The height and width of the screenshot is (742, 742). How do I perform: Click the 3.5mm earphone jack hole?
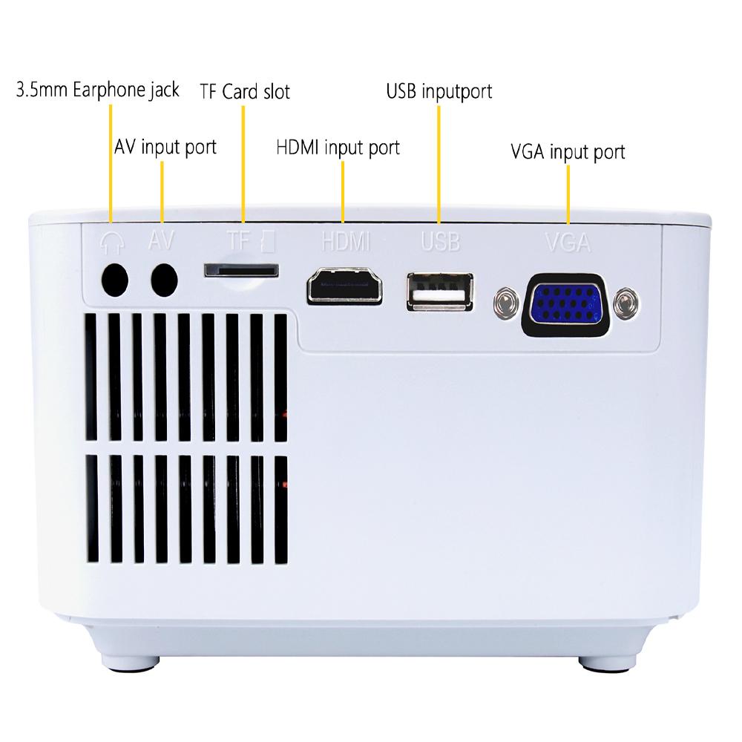pos(114,280)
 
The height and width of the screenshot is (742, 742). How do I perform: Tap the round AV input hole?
pos(164,280)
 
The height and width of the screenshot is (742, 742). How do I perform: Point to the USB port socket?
pos(439,292)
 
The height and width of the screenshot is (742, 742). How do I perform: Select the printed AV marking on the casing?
pos(162,240)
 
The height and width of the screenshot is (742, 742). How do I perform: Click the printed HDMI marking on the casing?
pos(345,241)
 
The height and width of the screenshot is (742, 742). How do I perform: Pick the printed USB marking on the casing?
pos(440,241)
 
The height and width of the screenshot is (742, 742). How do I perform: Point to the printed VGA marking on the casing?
pos(568,242)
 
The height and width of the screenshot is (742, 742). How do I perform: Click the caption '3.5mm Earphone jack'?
pos(98,91)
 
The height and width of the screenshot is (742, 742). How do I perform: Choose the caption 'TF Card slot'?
pos(244,92)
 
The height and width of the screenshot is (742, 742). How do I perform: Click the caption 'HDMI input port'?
pos(338,148)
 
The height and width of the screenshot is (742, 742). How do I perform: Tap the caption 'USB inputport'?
pos(439,92)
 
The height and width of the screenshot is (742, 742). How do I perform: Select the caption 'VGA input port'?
pos(568,152)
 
